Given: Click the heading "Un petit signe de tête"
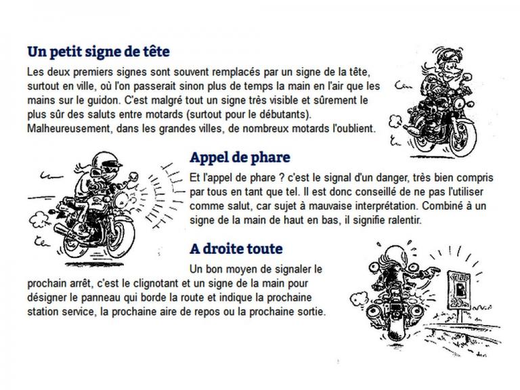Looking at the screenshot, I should (x=98, y=51).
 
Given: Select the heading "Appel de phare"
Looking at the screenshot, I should (x=240, y=157).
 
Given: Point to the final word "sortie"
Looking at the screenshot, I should (x=309, y=312).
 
